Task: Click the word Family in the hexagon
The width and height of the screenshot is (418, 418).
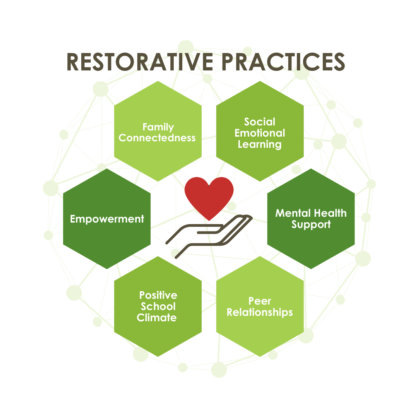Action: (158, 127)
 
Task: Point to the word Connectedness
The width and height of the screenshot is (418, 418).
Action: (157, 138)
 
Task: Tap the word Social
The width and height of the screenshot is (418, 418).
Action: (260, 122)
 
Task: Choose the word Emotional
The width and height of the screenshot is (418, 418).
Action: (260, 133)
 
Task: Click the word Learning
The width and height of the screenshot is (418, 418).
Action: (260, 144)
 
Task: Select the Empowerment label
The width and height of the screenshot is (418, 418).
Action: (107, 219)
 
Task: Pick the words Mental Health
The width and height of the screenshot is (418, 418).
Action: (311, 213)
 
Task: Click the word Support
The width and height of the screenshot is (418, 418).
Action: (311, 224)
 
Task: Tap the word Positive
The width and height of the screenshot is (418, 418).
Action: (158, 295)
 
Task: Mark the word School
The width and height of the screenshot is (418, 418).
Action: (158, 307)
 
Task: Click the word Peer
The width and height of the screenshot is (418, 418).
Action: (260, 301)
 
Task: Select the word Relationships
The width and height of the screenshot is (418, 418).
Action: (260, 312)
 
